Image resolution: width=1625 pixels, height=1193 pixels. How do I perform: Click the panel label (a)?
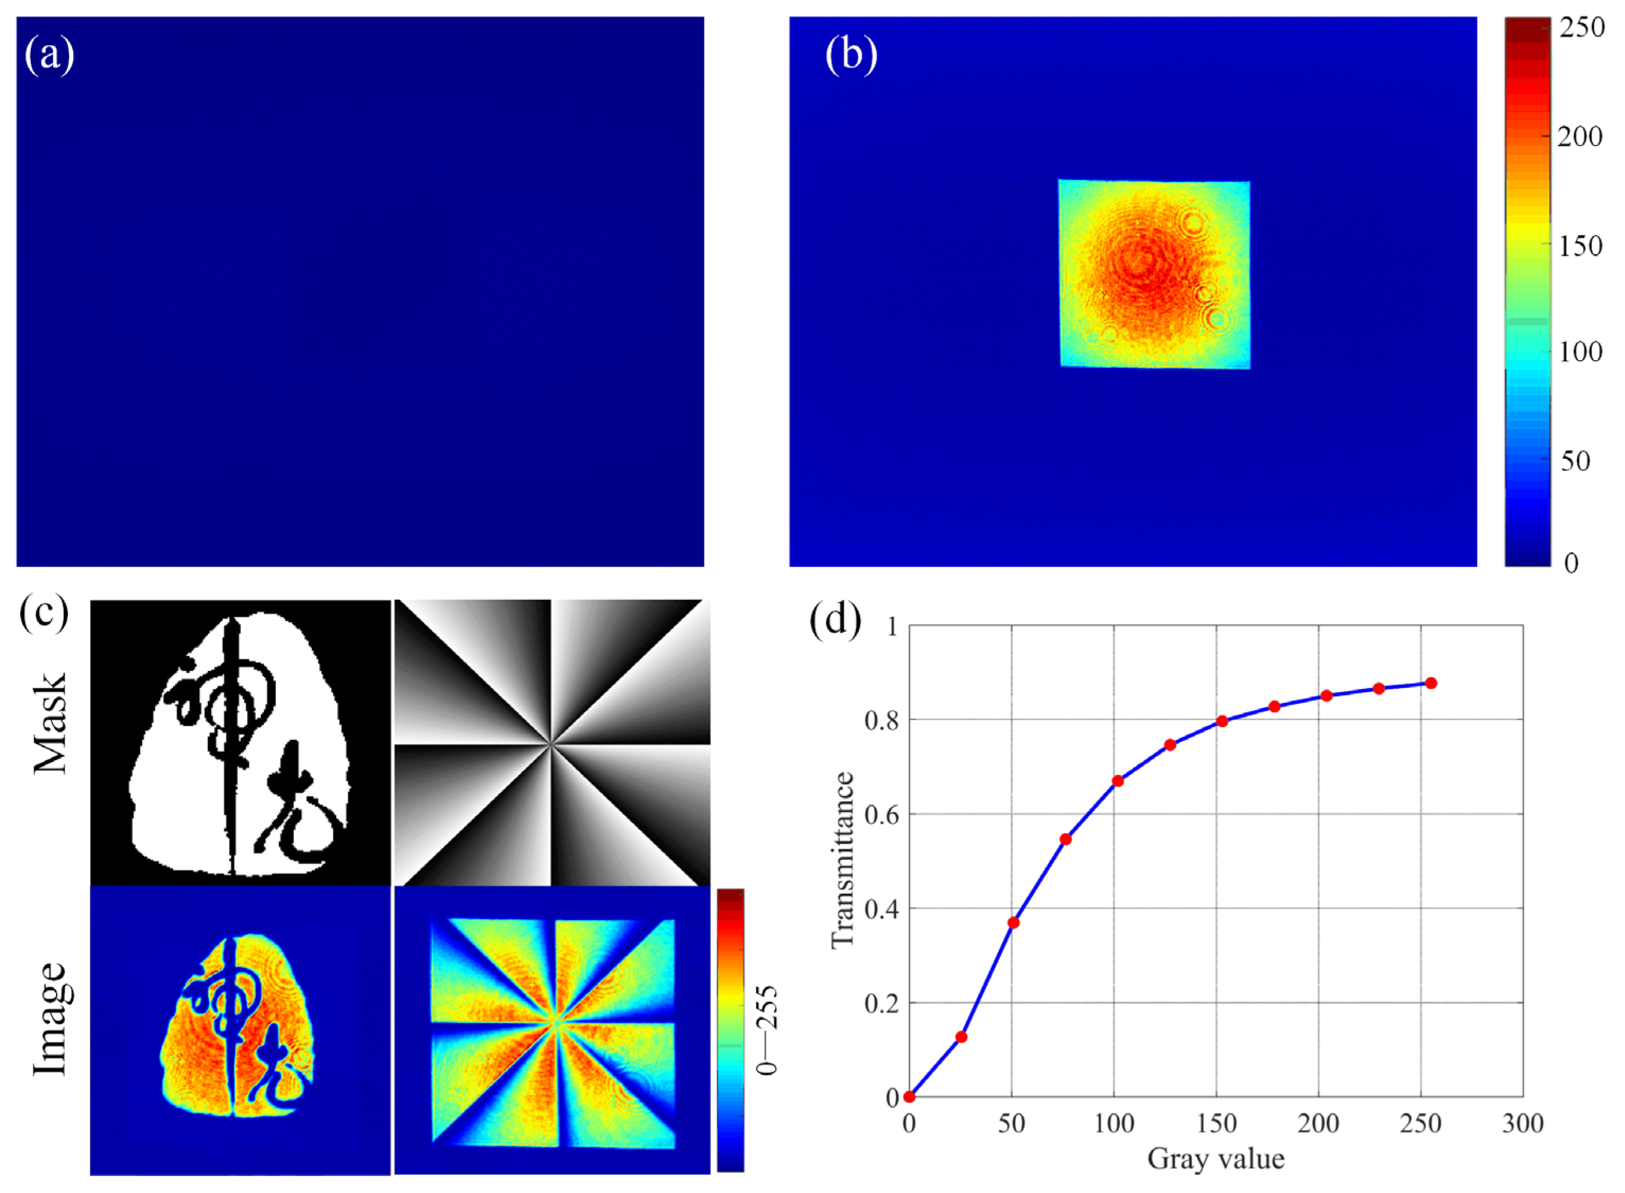(49, 56)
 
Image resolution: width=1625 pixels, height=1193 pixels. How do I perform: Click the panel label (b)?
(851, 56)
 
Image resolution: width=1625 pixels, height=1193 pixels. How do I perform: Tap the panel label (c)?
(44, 613)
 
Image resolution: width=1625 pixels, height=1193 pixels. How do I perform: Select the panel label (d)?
(835, 620)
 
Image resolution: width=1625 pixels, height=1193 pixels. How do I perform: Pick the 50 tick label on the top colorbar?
(1575, 461)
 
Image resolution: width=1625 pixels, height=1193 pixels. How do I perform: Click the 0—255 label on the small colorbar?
(767, 1030)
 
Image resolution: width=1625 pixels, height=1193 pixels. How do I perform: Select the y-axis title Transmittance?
(842, 860)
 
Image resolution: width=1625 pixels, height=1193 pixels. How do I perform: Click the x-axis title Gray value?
(1216, 1159)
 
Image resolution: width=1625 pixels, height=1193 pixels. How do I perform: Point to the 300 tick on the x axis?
(1523, 1124)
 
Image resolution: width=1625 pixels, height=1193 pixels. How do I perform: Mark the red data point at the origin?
(909, 1097)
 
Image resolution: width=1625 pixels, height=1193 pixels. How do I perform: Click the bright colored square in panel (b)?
(1154, 274)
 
